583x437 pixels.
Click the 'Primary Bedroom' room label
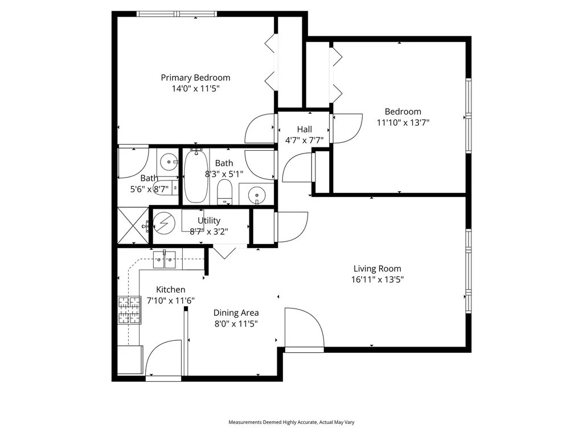click(195, 78)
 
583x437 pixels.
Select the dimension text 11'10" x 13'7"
click(403, 122)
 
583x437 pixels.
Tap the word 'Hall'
click(304, 130)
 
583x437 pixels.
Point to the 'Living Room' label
click(377, 269)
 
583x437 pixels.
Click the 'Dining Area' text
click(236, 313)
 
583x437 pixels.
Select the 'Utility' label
click(209, 221)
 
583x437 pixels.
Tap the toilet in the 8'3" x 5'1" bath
click(225, 192)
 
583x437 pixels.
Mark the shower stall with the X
click(132, 226)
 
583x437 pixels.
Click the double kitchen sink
click(164, 259)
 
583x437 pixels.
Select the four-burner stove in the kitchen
click(129, 310)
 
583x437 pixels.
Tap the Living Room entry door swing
click(303, 329)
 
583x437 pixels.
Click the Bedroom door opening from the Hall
click(347, 129)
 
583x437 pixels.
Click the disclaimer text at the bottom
click(291, 422)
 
